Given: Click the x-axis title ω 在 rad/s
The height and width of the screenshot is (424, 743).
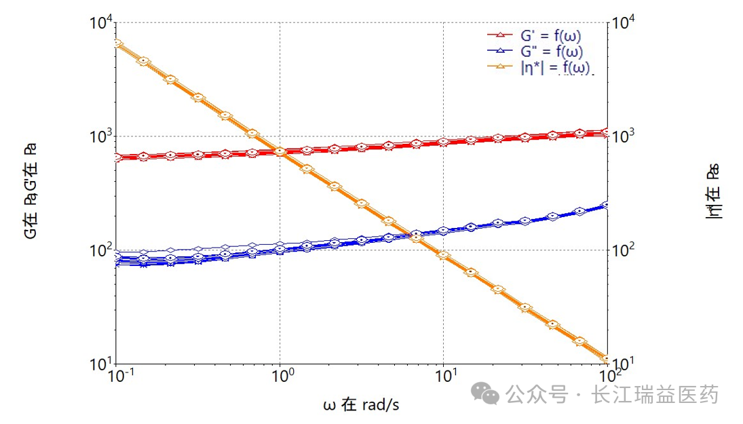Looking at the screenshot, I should pos(361,405).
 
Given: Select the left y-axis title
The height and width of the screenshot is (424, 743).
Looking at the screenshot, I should pos(31,191).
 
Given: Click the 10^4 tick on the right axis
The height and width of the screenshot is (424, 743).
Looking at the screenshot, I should pos(624,24).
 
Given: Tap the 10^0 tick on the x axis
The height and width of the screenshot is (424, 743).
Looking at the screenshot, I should pos(280,376).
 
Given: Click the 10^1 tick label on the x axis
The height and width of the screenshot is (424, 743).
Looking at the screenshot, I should pos(444,376).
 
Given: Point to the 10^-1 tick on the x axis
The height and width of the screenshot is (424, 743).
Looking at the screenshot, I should pos(117,376).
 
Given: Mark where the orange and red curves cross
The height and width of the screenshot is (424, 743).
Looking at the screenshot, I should pos(280,151).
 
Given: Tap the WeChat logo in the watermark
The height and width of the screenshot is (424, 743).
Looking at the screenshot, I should pos(491,394).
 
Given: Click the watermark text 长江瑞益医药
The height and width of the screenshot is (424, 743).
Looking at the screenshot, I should pos(655,394).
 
